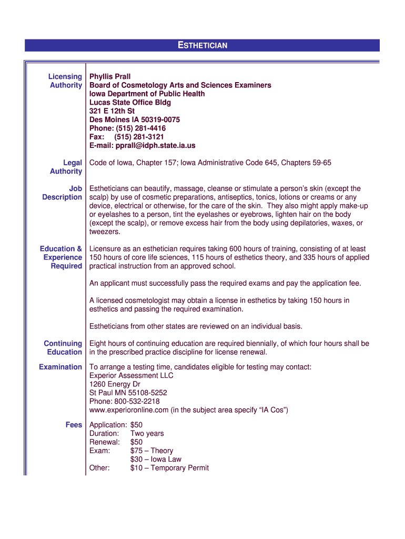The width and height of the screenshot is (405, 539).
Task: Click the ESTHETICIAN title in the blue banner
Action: pos(202,46)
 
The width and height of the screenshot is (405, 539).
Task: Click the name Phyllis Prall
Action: pos(110,77)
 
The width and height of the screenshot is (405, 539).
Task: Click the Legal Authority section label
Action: pos(66,167)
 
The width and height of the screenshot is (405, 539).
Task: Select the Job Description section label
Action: pos(63,193)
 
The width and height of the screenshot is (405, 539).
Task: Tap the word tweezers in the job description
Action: pos(105,232)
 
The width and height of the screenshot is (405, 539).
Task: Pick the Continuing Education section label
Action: pos(63,347)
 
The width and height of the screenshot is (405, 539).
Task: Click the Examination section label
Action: pos(60,367)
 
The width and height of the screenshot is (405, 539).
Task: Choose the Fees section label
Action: pos(74,425)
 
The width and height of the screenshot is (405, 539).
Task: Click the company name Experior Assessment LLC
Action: pos(131,376)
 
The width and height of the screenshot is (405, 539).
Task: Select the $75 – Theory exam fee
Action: pos(151,451)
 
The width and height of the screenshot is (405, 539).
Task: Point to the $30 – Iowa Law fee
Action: pos(156,459)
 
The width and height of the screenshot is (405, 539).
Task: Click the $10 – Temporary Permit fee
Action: pos(169,467)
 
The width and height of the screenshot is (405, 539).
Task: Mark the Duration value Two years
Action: pos(147,434)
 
